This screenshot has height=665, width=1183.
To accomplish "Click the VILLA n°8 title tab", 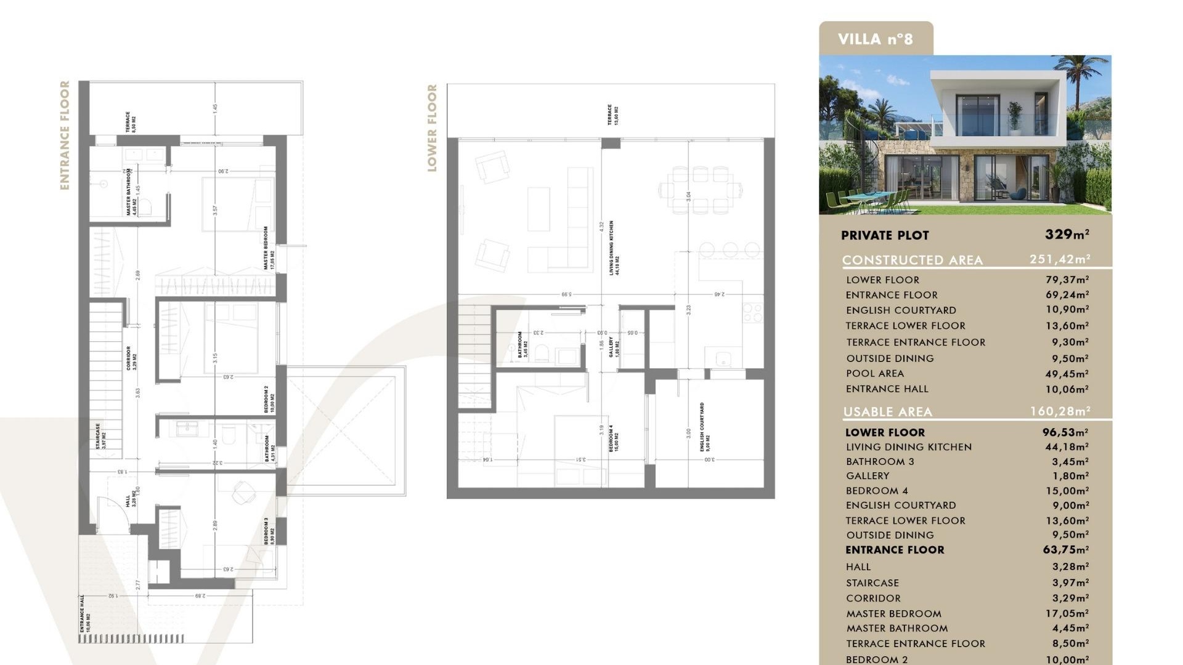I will pos(875,39).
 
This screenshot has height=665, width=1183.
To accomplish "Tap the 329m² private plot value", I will pos(1067,235).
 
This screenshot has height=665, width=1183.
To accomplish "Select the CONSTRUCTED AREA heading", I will pos(912,260).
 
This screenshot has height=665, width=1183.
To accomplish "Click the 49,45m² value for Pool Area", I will pos(1067,374).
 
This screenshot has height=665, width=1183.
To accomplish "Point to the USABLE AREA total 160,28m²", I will pos(1060,411).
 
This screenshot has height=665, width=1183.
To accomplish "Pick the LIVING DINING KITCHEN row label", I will pos(908,447).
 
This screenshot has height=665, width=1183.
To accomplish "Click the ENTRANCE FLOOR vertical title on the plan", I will pos(65,135).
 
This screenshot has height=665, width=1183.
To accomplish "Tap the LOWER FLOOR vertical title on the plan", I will pos(432,128).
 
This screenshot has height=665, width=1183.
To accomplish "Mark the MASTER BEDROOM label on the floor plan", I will pos(269,248).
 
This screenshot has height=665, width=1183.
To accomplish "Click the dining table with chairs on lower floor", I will pos(700,189).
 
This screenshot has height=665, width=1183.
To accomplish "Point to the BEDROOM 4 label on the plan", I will pos(614,438).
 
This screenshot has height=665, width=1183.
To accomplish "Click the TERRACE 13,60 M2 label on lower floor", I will pos(612,115).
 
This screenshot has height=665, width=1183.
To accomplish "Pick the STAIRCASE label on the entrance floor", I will pos(100,436).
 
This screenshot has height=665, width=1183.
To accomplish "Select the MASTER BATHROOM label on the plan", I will pos(131,192).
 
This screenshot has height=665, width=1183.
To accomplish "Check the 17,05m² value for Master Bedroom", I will pos(1067,614).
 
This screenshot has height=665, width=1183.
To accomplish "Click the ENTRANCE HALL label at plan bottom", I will pos(84,613).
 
